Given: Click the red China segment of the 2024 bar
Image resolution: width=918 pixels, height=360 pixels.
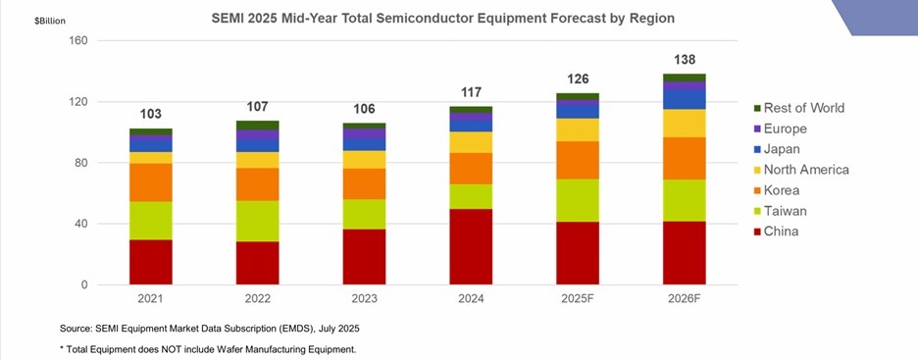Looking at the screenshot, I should (471, 246).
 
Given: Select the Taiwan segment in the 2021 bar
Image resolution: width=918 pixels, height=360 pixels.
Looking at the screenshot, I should (150, 220).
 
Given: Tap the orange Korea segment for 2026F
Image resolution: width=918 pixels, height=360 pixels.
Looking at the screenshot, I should (685, 158).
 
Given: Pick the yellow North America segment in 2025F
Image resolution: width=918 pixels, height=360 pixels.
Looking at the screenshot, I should (578, 129).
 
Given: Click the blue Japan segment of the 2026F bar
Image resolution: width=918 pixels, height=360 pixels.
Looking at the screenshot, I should (685, 99).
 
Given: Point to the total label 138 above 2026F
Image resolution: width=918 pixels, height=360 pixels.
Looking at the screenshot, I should (685, 60).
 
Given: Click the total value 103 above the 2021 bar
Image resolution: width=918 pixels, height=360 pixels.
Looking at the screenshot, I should (150, 114).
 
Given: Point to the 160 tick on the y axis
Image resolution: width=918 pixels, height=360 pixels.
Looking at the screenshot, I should (79, 41).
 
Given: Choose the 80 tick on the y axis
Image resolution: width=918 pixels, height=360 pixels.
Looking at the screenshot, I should (82, 163).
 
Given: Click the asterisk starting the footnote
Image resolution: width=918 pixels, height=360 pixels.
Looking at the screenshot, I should (63, 349).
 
